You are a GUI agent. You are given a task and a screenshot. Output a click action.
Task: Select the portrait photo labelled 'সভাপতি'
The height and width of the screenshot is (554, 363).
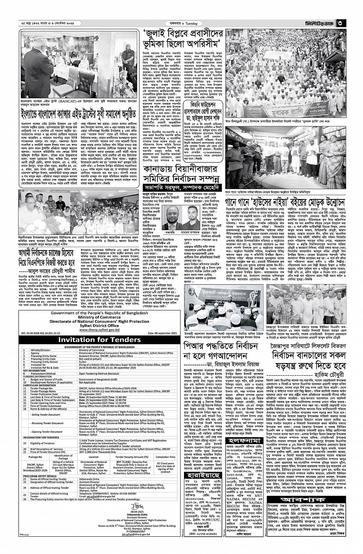[172, 217]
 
